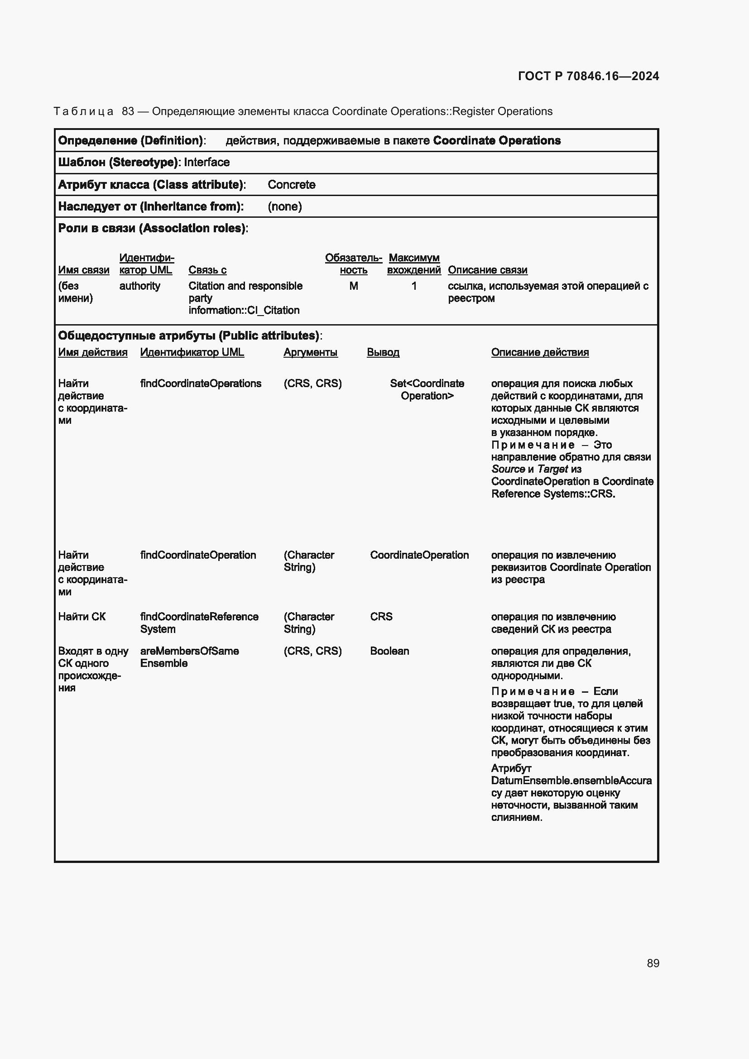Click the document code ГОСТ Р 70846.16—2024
(588, 76)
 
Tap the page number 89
(653, 963)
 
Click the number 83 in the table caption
(128, 111)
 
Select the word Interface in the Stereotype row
(206, 163)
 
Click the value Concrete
(291, 184)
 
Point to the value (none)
(284, 206)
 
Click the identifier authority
(140, 286)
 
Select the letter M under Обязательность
(353, 286)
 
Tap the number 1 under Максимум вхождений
(414, 286)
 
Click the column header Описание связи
(488, 270)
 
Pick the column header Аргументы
(310, 352)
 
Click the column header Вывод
(383, 352)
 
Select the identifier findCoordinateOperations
(201, 383)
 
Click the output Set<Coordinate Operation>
(427, 389)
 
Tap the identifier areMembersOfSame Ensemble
(189, 657)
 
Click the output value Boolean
(389, 651)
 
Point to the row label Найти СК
(82, 617)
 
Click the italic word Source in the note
(508, 469)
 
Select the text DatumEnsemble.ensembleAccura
(571, 781)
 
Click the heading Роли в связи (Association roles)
(153, 228)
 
